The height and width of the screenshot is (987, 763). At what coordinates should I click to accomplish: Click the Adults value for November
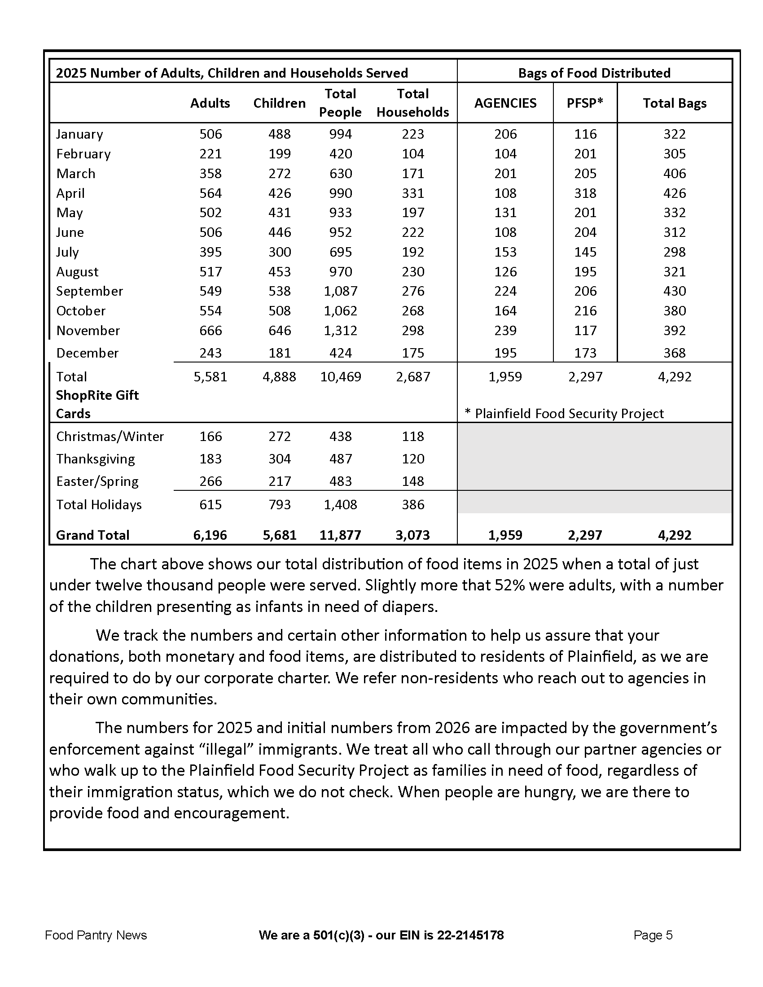pyautogui.click(x=210, y=331)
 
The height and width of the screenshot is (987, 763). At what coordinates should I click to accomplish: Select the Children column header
pyautogui.click(x=279, y=103)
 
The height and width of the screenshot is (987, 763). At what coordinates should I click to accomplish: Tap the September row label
pyautogui.click(x=89, y=291)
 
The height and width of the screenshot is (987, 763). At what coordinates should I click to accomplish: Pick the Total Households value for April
pyautogui.click(x=412, y=193)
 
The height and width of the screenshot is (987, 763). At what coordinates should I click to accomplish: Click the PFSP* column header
pyautogui.click(x=585, y=103)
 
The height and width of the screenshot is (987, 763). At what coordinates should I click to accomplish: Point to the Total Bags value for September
pyautogui.click(x=675, y=291)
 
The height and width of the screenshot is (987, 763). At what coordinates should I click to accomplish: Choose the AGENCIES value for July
pyautogui.click(x=505, y=252)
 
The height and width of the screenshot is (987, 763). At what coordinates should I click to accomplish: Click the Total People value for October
pyautogui.click(x=340, y=311)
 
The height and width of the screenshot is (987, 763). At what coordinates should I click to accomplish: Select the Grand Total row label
pyautogui.click(x=92, y=535)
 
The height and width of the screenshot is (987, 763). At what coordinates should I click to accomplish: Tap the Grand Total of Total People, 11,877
pyautogui.click(x=340, y=535)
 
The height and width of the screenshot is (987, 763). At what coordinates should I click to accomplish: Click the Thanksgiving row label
pyautogui.click(x=95, y=459)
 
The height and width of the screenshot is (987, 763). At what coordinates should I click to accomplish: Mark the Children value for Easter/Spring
pyautogui.click(x=279, y=481)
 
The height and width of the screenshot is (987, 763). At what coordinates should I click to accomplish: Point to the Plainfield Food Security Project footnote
pyautogui.click(x=565, y=414)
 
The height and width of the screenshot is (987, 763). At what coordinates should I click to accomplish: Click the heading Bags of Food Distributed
pyautogui.click(x=594, y=73)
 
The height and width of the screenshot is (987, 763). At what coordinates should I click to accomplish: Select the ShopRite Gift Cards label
pyautogui.click(x=97, y=405)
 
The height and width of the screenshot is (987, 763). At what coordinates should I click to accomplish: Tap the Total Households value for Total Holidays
pyautogui.click(x=412, y=505)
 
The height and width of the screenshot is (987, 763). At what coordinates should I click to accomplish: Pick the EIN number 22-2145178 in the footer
pyautogui.click(x=470, y=935)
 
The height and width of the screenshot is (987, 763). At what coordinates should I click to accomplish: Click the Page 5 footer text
pyautogui.click(x=653, y=935)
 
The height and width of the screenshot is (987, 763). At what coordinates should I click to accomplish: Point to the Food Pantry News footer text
pyautogui.click(x=96, y=935)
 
